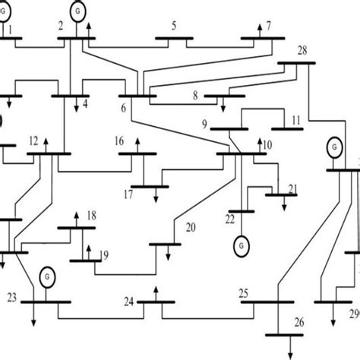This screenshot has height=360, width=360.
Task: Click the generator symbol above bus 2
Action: point(78,11)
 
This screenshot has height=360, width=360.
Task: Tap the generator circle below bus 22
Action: point(242,245)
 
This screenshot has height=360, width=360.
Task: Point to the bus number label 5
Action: point(174,26)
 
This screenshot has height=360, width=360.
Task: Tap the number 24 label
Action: point(130,302)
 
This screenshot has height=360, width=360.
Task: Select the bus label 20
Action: point(191,227)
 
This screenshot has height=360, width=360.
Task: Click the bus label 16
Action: point(119,141)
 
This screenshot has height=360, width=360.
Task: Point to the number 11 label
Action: point(295,120)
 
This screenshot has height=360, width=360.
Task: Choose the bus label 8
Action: point(195,96)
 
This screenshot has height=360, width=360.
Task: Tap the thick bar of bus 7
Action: point(262,36)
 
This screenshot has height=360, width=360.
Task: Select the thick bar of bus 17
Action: point(150,185)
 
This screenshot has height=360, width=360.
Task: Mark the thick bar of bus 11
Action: point(287,129)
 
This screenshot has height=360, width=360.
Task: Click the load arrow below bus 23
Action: point(34,317)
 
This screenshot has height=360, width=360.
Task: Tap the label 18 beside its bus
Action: point(91,216)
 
